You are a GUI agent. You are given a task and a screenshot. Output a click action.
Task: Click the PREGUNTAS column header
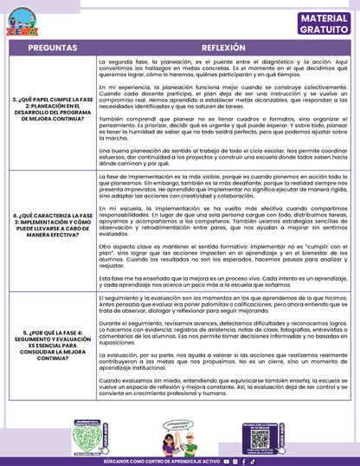click(48, 49)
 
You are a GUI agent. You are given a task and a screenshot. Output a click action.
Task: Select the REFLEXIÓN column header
click(224, 49)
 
